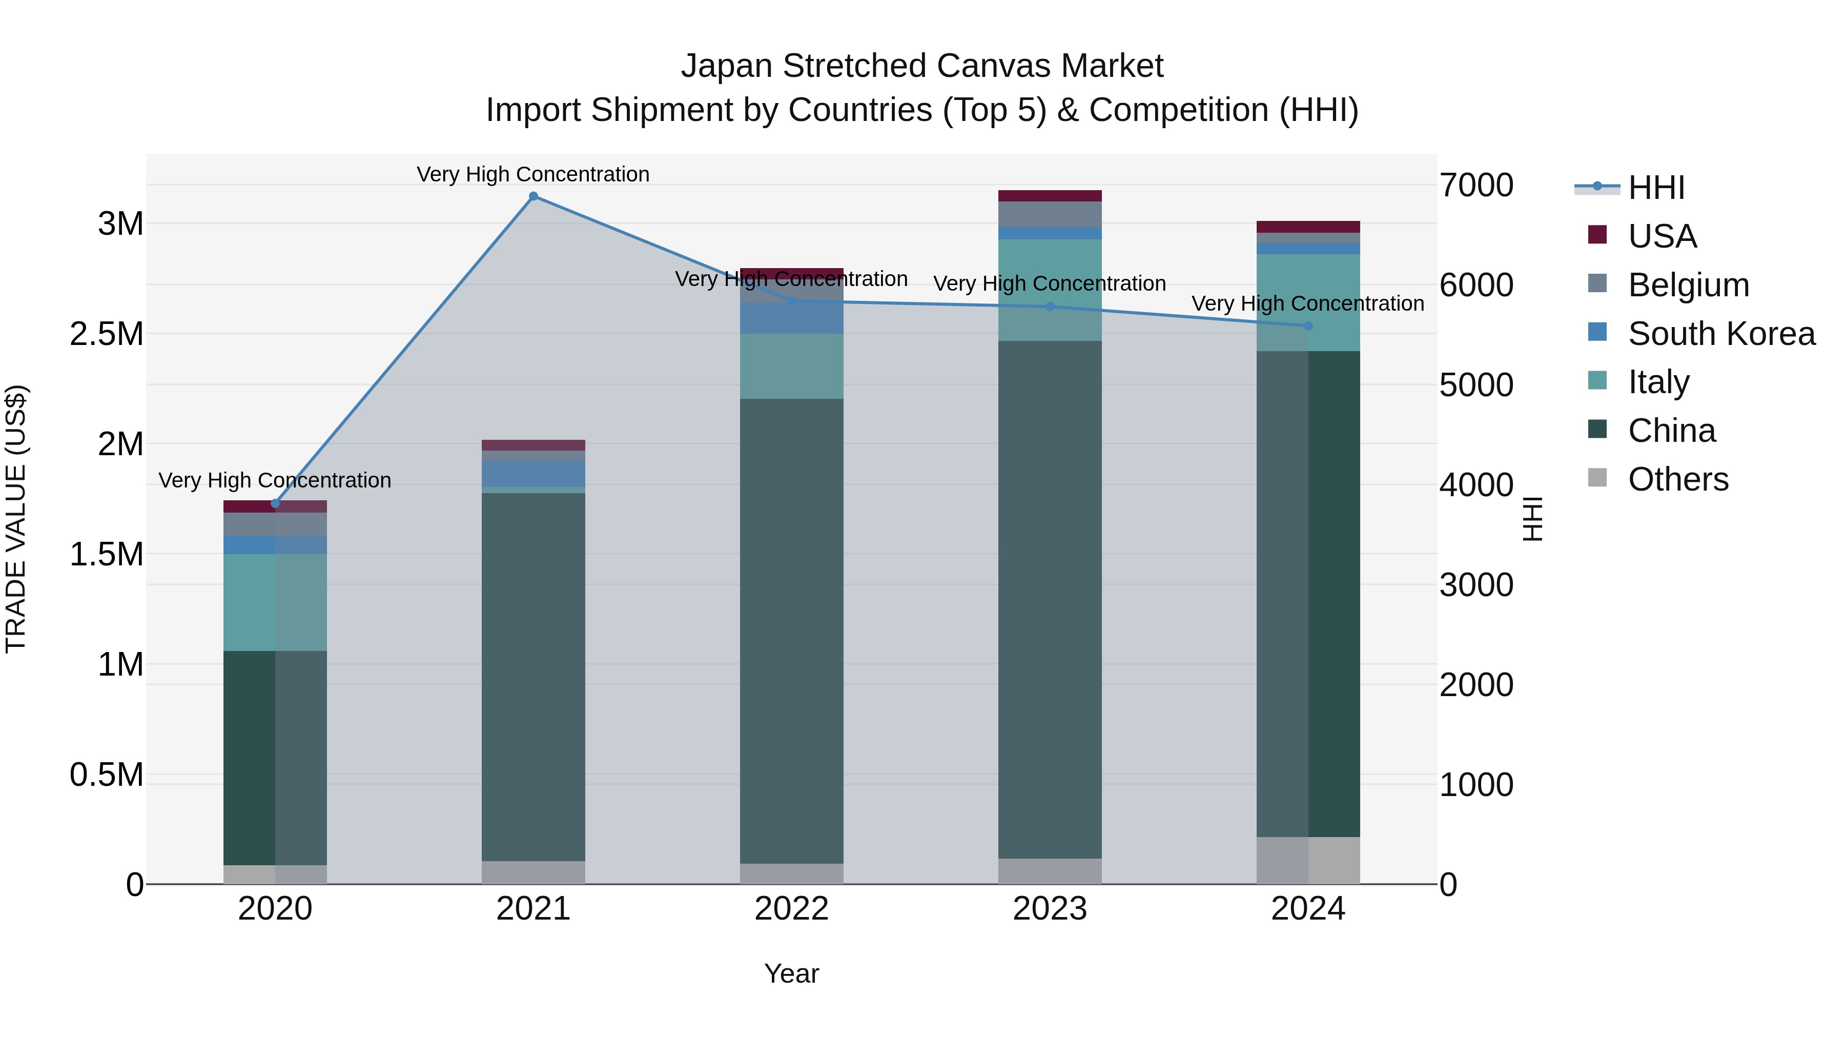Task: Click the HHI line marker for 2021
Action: [x=533, y=196]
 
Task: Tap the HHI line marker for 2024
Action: [x=1308, y=326]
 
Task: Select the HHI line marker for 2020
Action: [x=275, y=503]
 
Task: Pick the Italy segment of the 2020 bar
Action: [x=275, y=602]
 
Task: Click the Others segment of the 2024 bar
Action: [x=1308, y=860]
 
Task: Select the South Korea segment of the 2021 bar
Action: [x=533, y=474]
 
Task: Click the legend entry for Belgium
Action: [x=1688, y=285]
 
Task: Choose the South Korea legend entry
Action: [x=1721, y=334]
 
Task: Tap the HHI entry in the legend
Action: [x=1656, y=188]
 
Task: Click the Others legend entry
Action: [x=1677, y=479]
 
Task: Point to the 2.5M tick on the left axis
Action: [x=107, y=334]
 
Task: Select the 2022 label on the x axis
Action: [x=791, y=909]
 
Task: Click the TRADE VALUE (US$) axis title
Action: [x=16, y=519]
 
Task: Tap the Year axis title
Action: [x=791, y=973]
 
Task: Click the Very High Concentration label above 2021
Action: [x=533, y=174]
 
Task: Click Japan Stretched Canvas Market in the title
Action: [x=922, y=66]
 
